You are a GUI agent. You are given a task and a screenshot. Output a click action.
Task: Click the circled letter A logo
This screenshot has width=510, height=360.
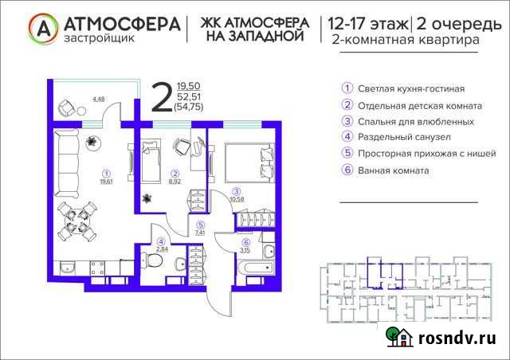point(44,29)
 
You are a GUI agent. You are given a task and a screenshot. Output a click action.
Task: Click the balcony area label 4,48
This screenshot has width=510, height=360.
point(99,100)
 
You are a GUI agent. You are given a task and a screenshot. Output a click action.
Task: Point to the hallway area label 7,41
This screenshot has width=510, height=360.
point(202,233)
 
